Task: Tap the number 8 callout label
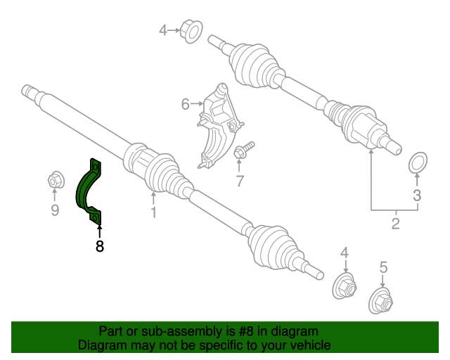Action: click(99, 246)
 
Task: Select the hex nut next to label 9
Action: click(55, 181)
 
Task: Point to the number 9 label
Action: click(55, 210)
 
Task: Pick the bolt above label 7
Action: click(244, 150)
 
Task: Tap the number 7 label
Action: click(239, 182)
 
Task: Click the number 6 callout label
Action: click(185, 105)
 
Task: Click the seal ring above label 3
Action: click(417, 162)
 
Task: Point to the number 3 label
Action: click(416, 195)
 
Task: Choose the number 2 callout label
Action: click(395, 224)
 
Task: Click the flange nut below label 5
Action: click(382, 300)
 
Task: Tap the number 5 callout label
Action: click(383, 267)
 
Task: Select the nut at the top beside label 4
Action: click(191, 30)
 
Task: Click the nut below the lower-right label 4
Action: click(345, 286)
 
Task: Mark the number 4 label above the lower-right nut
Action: click(345, 252)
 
